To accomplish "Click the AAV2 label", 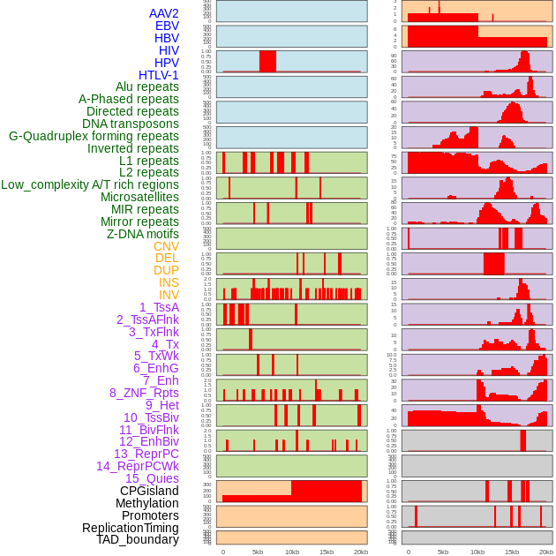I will tap(163, 13).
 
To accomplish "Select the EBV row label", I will tap(166, 26).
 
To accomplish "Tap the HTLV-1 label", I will tap(158, 75).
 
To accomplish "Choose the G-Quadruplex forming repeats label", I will tap(94, 136).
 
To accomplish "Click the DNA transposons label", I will tap(131, 124).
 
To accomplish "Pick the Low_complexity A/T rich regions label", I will tap(90, 184).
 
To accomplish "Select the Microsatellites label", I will tap(139, 197).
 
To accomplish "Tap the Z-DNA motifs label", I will tap(143, 234).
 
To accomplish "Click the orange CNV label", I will tap(166, 246).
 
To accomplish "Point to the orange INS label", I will tap(169, 282).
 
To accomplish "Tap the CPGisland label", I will tap(149, 491).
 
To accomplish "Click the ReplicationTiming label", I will tap(131, 528).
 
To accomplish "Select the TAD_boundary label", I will tap(138, 539).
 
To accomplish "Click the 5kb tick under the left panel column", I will tap(258, 552).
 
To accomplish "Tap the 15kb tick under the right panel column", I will tap(512, 552).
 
